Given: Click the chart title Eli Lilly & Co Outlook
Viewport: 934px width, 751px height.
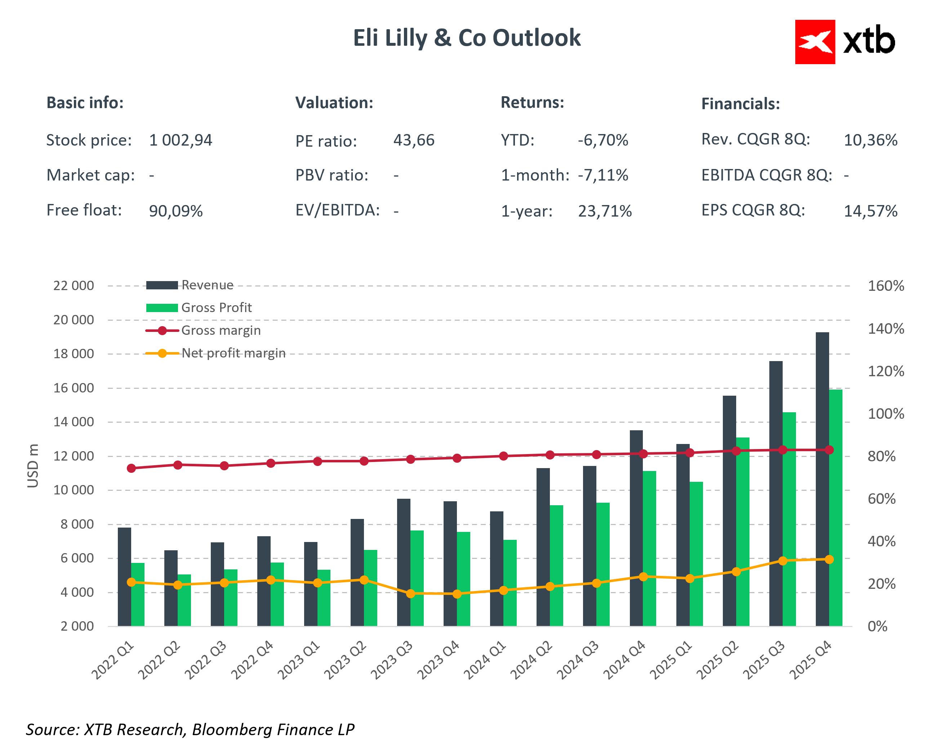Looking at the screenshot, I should click(467, 38).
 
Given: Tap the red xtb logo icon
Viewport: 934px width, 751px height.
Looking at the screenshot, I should click(814, 42).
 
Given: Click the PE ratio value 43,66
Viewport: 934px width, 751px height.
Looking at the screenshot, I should click(414, 141).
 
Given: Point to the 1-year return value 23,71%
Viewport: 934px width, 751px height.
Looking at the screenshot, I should click(605, 211).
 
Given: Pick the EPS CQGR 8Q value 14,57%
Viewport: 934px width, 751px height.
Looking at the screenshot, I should click(870, 211).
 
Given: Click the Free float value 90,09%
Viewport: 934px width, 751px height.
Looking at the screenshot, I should click(175, 211).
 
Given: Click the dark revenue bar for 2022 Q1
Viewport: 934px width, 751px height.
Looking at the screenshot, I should click(124, 576).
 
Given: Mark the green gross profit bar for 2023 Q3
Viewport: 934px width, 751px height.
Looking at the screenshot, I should click(417, 578).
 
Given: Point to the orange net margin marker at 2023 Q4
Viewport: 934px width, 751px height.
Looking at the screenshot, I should click(457, 594).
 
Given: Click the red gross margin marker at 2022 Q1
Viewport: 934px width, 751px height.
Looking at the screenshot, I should click(131, 468).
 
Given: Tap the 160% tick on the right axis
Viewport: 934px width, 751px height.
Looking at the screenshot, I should click(885, 286).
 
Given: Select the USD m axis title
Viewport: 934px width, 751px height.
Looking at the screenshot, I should click(33, 466).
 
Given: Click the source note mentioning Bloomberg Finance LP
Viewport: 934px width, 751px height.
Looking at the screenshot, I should click(190, 730).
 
